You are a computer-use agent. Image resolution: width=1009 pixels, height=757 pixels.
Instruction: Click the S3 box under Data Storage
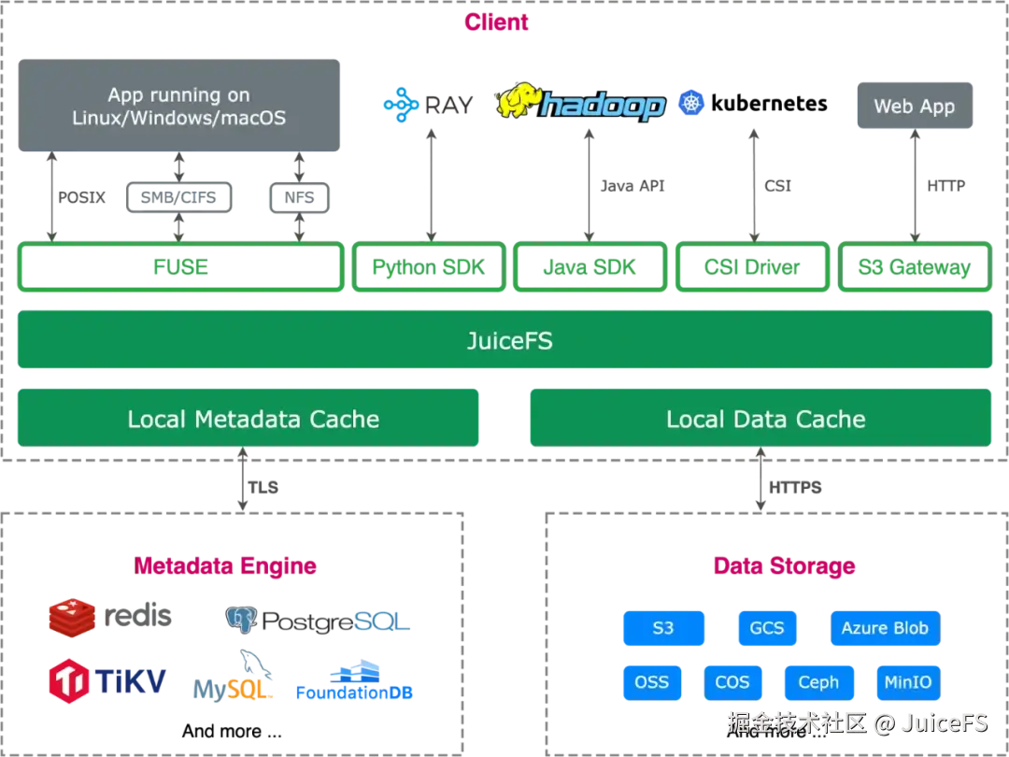click(x=663, y=628)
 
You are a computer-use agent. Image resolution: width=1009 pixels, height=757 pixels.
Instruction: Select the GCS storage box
click(x=767, y=628)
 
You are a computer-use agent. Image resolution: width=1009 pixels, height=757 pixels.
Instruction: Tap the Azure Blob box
click(x=885, y=628)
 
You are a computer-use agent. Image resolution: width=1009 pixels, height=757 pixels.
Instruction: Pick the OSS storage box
click(x=651, y=681)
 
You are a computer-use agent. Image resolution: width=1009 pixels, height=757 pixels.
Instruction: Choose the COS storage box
click(x=732, y=681)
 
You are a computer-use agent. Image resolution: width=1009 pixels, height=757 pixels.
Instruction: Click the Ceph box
click(x=818, y=681)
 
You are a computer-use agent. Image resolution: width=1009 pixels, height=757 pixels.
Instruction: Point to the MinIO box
click(x=907, y=681)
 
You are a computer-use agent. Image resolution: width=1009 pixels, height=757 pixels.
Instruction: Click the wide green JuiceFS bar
click(x=504, y=341)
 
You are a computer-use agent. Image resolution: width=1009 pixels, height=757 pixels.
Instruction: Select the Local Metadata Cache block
click(x=249, y=419)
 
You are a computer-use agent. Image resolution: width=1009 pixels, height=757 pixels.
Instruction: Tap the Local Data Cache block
click(x=760, y=419)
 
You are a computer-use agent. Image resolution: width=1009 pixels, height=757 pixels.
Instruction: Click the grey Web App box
click(x=915, y=107)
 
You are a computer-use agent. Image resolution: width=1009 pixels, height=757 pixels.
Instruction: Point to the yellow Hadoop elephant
click(x=519, y=103)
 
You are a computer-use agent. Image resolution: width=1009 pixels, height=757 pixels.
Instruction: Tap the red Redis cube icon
click(x=72, y=619)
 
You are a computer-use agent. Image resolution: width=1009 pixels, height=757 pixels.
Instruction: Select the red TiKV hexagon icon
click(x=69, y=681)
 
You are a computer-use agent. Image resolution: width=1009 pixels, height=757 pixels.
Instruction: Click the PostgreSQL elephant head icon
click(x=240, y=619)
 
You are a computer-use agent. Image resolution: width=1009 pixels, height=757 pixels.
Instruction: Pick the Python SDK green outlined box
click(x=430, y=268)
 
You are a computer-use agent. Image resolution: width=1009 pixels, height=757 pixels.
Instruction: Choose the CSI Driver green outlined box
click(x=752, y=268)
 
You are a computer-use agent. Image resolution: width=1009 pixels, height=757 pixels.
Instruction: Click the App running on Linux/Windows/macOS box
click(x=178, y=106)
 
